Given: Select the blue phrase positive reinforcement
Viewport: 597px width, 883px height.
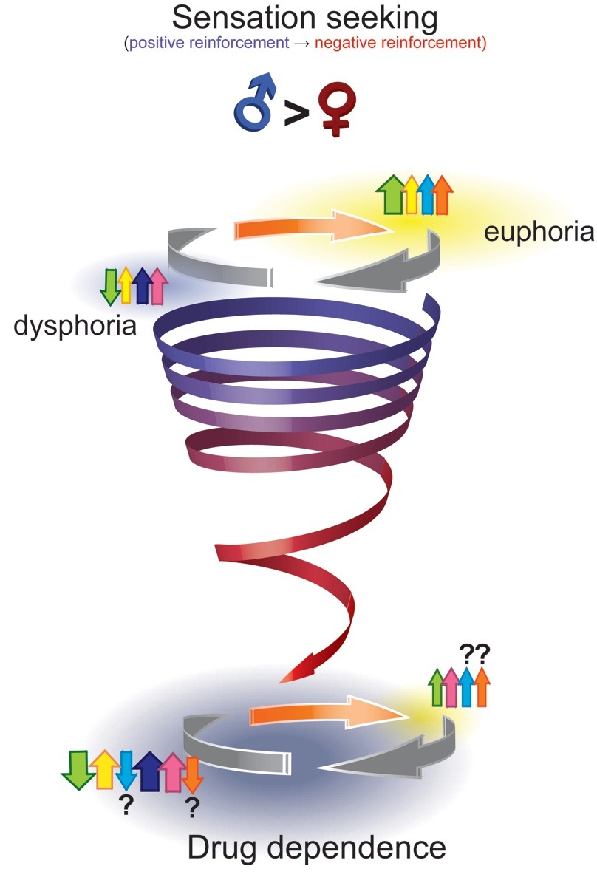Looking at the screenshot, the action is click(209, 43).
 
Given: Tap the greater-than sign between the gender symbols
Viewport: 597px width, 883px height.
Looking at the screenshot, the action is click(296, 112).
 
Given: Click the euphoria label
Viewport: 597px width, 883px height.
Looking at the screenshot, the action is click(539, 232).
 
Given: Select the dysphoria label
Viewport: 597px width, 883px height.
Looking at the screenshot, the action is click(75, 326).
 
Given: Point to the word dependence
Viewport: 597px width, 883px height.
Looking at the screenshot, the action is click(356, 848).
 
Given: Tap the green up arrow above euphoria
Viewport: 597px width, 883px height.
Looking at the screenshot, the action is click(392, 195).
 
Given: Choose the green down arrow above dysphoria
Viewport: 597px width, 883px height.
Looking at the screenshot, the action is click(110, 287).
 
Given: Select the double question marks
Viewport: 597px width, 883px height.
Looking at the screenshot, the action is click(475, 655).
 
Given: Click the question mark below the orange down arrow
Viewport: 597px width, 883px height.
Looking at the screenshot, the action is click(192, 808).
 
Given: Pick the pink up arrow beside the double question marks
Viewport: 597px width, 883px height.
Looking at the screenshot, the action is click(451, 687).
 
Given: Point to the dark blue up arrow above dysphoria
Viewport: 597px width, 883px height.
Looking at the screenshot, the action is click(142, 286).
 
